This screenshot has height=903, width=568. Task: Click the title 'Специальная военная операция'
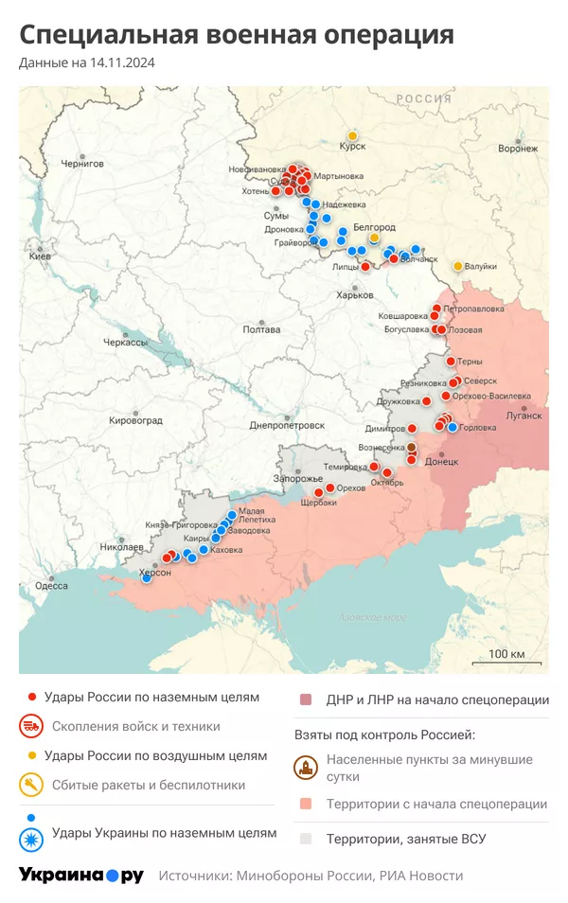click(x=237, y=35)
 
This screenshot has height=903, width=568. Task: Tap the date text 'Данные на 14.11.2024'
click(x=87, y=63)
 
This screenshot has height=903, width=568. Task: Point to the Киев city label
click(x=40, y=257)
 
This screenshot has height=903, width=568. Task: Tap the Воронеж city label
click(x=517, y=149)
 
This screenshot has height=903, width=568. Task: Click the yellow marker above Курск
click(x=352, y=134)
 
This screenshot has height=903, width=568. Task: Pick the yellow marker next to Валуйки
click(x=458, y=266)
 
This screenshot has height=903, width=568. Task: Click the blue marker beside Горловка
click(x=453, y=428)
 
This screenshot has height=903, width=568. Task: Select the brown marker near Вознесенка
click(x=411, y=447)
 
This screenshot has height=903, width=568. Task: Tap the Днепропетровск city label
click(x=287, y=426)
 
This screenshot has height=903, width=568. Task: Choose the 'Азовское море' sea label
click(x=373, y=617)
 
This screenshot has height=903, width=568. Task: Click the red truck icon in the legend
click(x=31, y=727)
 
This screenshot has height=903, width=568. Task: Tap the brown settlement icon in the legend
click(x=306, y=768)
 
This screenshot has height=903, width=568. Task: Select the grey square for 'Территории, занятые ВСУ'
click(x=306, y=839)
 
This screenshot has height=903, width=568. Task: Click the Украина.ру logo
click(x=81, y=876)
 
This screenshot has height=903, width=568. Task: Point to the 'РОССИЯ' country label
click(x=423, y=98)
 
